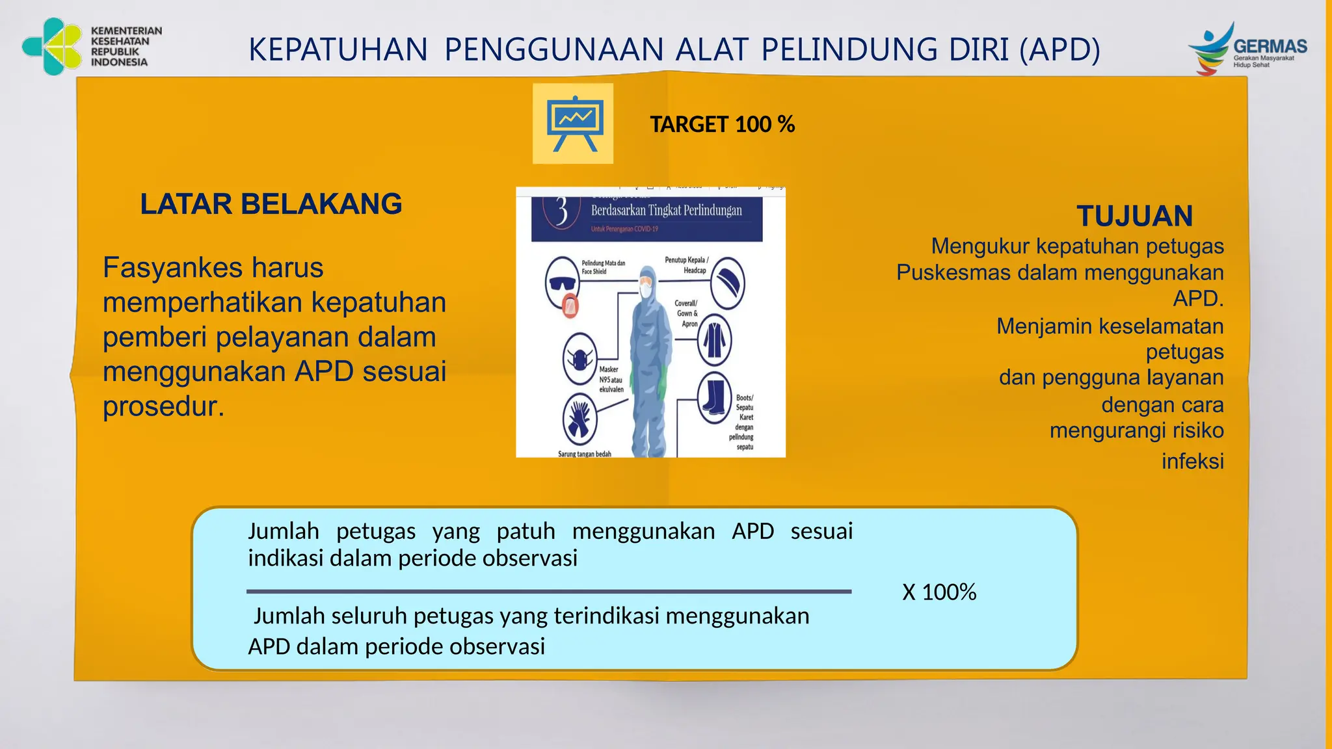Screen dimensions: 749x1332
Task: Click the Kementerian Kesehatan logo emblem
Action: tap(52, 46)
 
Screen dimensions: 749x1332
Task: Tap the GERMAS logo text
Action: tap(1270, 47)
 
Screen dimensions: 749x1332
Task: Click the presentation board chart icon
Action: tap(573, 124)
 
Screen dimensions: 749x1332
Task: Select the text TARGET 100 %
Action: tap(722, 124)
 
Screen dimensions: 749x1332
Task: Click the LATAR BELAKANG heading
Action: tap(271, 204)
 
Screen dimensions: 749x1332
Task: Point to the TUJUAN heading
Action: tap(1134, 216)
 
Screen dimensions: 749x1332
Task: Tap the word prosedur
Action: tap(163, 406)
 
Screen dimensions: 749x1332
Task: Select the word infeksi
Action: tap(1192, 462)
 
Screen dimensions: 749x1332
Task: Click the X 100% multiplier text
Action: tap(939, 592)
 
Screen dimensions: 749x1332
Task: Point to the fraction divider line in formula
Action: tap(549, 592)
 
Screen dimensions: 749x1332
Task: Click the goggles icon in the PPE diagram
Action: tap(562, 282)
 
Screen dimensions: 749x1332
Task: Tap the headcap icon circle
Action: tap(727, 283)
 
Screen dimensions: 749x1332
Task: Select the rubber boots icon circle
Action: tap(714, 397)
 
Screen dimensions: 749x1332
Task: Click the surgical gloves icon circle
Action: tap(579, 419)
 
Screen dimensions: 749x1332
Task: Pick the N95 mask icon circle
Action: tap(579, 359)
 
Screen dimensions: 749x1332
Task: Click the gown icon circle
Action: tap(714, 340)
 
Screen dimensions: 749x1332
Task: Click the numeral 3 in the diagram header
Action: tap(562, 211)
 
